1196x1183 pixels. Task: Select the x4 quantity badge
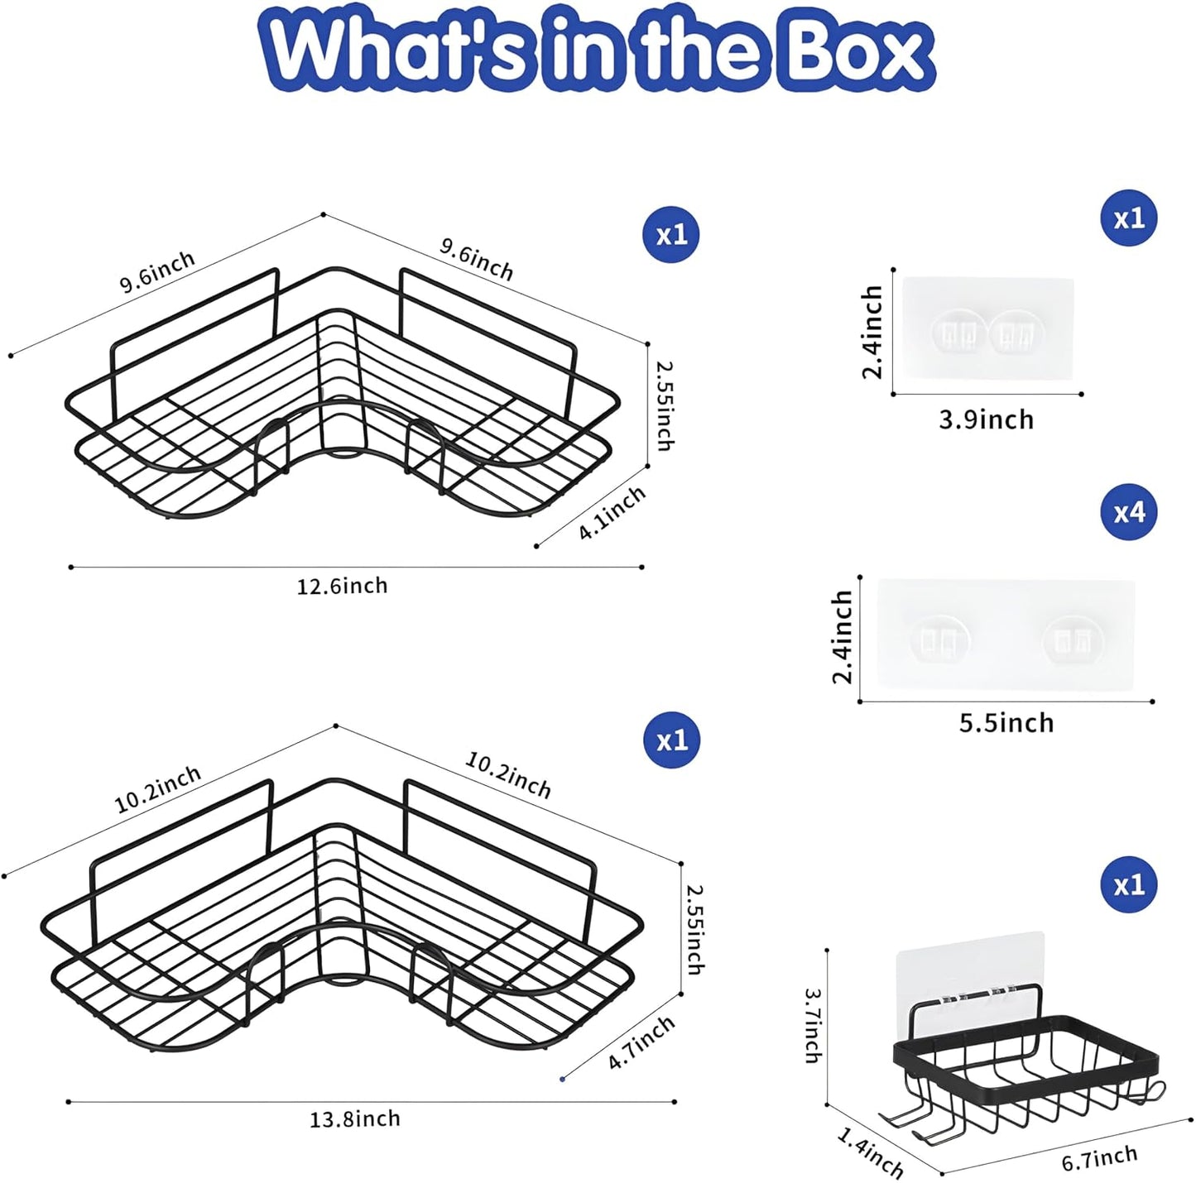pyautogui.click(x=1128, y=512)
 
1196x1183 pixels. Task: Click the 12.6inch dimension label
pyautogui.click(x=342, y=586)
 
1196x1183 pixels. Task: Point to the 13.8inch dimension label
pyautogui.click(x=355, y=1119)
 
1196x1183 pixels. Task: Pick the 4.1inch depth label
pyautogui.click(x=612, y=513)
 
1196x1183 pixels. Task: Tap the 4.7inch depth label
pyautogui.click(x=641, y=1043)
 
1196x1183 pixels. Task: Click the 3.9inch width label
pyautogui.click(x=987, y=420)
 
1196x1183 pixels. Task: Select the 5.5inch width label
pyautogui.click(x=1006, y=723)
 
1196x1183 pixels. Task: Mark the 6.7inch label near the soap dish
pyautogui.click(x=1099, y=1156)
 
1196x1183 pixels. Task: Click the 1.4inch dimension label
pyautogui.click(x=870, y=1152)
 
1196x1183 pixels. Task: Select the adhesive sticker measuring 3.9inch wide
pyautogui.click(x=987, y=328)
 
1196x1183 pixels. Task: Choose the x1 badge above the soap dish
pyautogui.click(x=1128, y=884)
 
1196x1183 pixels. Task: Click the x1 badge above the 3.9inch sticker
pyautogui.click(x=1128, y=218)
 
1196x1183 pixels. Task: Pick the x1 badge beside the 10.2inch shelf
pyautogui.click(x=671, y=740)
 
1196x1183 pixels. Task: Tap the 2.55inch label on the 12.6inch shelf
pyautogui.click(x=664, y=405)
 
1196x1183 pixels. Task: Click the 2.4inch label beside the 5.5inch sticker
pyautogui.click(x=843, y=636)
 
